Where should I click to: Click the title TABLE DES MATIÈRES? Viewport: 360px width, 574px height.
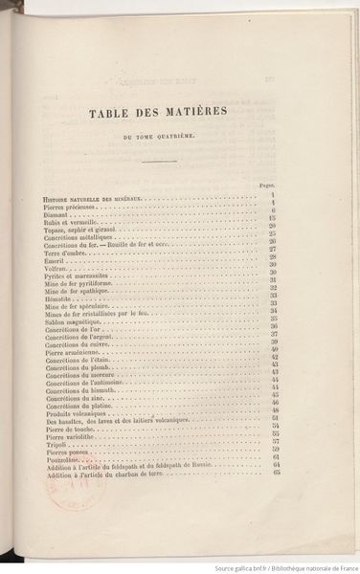click(x=158, y=113)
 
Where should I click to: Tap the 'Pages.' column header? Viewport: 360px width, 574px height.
click(x=269, y=185)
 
